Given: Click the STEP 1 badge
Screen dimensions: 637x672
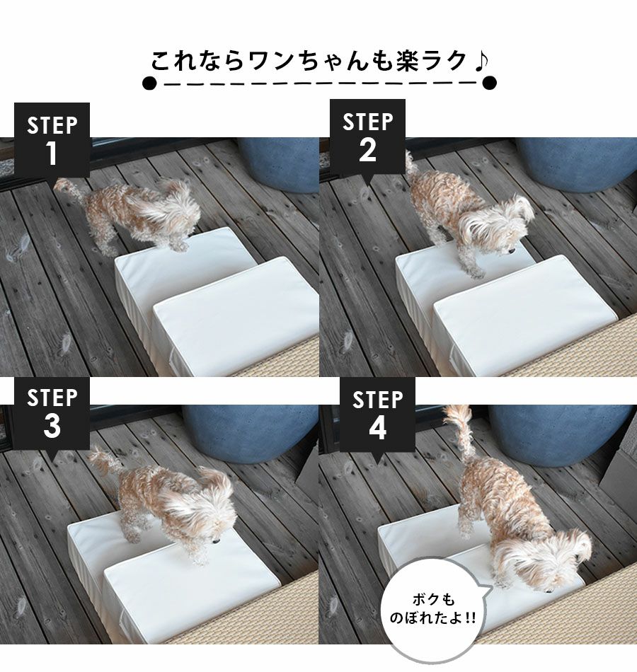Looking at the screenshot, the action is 52,140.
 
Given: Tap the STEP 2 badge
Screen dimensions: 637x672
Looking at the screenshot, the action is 367,137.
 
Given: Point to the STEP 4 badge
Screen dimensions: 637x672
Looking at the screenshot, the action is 377,415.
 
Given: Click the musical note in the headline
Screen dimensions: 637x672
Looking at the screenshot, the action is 481,61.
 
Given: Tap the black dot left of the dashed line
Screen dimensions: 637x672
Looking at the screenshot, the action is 149,83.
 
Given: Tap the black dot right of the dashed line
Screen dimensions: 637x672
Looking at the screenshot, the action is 489,83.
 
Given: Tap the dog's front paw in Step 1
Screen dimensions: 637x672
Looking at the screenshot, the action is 179,246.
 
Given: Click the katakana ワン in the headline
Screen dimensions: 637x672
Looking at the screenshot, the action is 273,61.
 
